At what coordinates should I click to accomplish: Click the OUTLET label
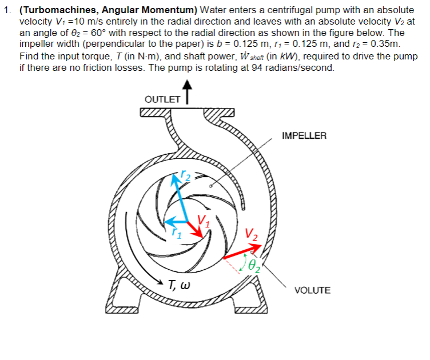(161, 99)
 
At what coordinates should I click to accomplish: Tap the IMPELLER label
(304, 136)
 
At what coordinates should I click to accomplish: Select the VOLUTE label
(312, 291)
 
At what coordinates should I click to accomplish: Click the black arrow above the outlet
(186, 91)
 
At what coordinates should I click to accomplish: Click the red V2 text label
(251, 234)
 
